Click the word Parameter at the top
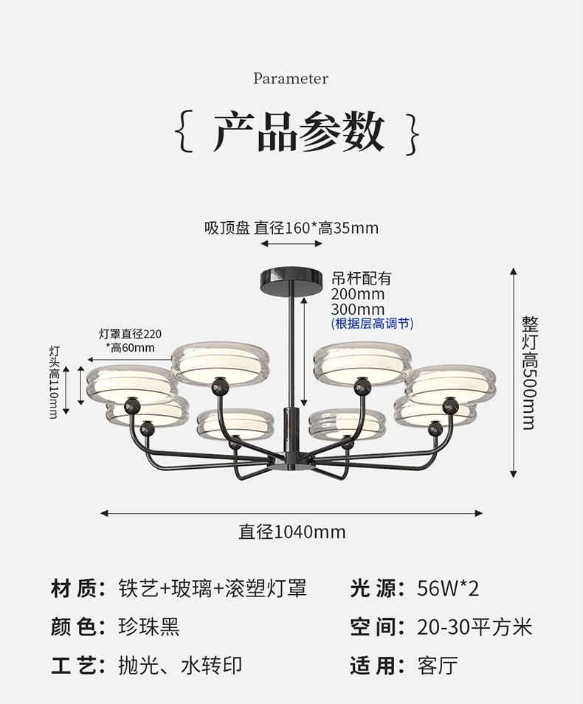[291, 79]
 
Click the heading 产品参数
[299, 133]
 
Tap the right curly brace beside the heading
[413, 133]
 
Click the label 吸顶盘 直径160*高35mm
[291, 228]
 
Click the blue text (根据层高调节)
[372, 324]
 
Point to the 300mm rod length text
[358, 310]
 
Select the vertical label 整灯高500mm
[529, 372]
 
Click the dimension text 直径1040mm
[291, 532]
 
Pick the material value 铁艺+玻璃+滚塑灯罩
[213, 588]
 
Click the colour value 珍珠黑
[149, 627]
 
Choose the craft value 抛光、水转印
[180, 666]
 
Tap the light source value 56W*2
[448, 588]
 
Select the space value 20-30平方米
[474, 627]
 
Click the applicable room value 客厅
[438, 666]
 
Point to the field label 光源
[377, 588]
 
